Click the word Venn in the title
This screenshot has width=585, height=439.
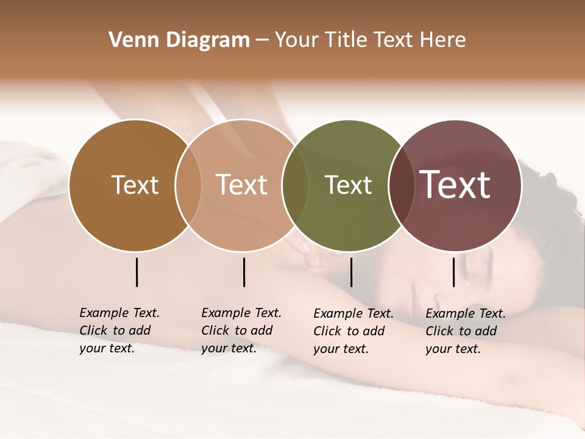[x=129, y=40]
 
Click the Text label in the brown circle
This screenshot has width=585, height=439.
[x=135, y=185]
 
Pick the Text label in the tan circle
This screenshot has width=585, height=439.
[x=242, y=185]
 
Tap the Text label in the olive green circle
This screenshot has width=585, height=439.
[x=349, y=185]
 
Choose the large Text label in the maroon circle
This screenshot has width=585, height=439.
[x=455, y=185]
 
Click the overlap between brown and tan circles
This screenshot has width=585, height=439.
[x=188, y=185]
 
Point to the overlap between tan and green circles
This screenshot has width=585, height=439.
[x=295, y=185]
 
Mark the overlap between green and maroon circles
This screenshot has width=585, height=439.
[x=401, y=185]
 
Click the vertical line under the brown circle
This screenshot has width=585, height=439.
[x=136, y=272]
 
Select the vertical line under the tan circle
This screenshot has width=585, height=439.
[x=244, y=272]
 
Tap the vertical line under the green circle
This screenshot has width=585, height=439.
[x=351, y=272]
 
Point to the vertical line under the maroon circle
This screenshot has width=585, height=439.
[x=454, y=272]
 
